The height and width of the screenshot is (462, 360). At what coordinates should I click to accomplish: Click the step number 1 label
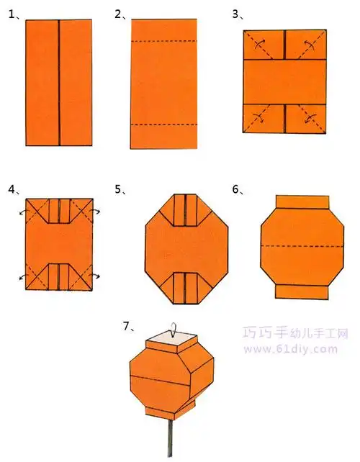tap(12, 14)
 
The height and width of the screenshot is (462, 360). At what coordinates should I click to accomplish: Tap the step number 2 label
tap(120, 14)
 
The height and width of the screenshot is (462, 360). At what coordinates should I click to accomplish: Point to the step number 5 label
tap(120, 190)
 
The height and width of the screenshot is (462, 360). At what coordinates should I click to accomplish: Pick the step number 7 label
tap(127, 326)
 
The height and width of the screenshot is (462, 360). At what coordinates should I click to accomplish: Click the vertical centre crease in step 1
tap(58, 82)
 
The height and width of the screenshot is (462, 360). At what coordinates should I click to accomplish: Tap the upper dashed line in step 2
tap(163, 42)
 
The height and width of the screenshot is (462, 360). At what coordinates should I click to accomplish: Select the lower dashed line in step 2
tap(163, 124)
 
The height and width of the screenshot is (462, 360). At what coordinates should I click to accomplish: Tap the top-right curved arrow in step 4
tap(95, 212)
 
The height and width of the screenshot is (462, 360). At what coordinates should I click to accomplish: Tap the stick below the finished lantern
tap(172, 438)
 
